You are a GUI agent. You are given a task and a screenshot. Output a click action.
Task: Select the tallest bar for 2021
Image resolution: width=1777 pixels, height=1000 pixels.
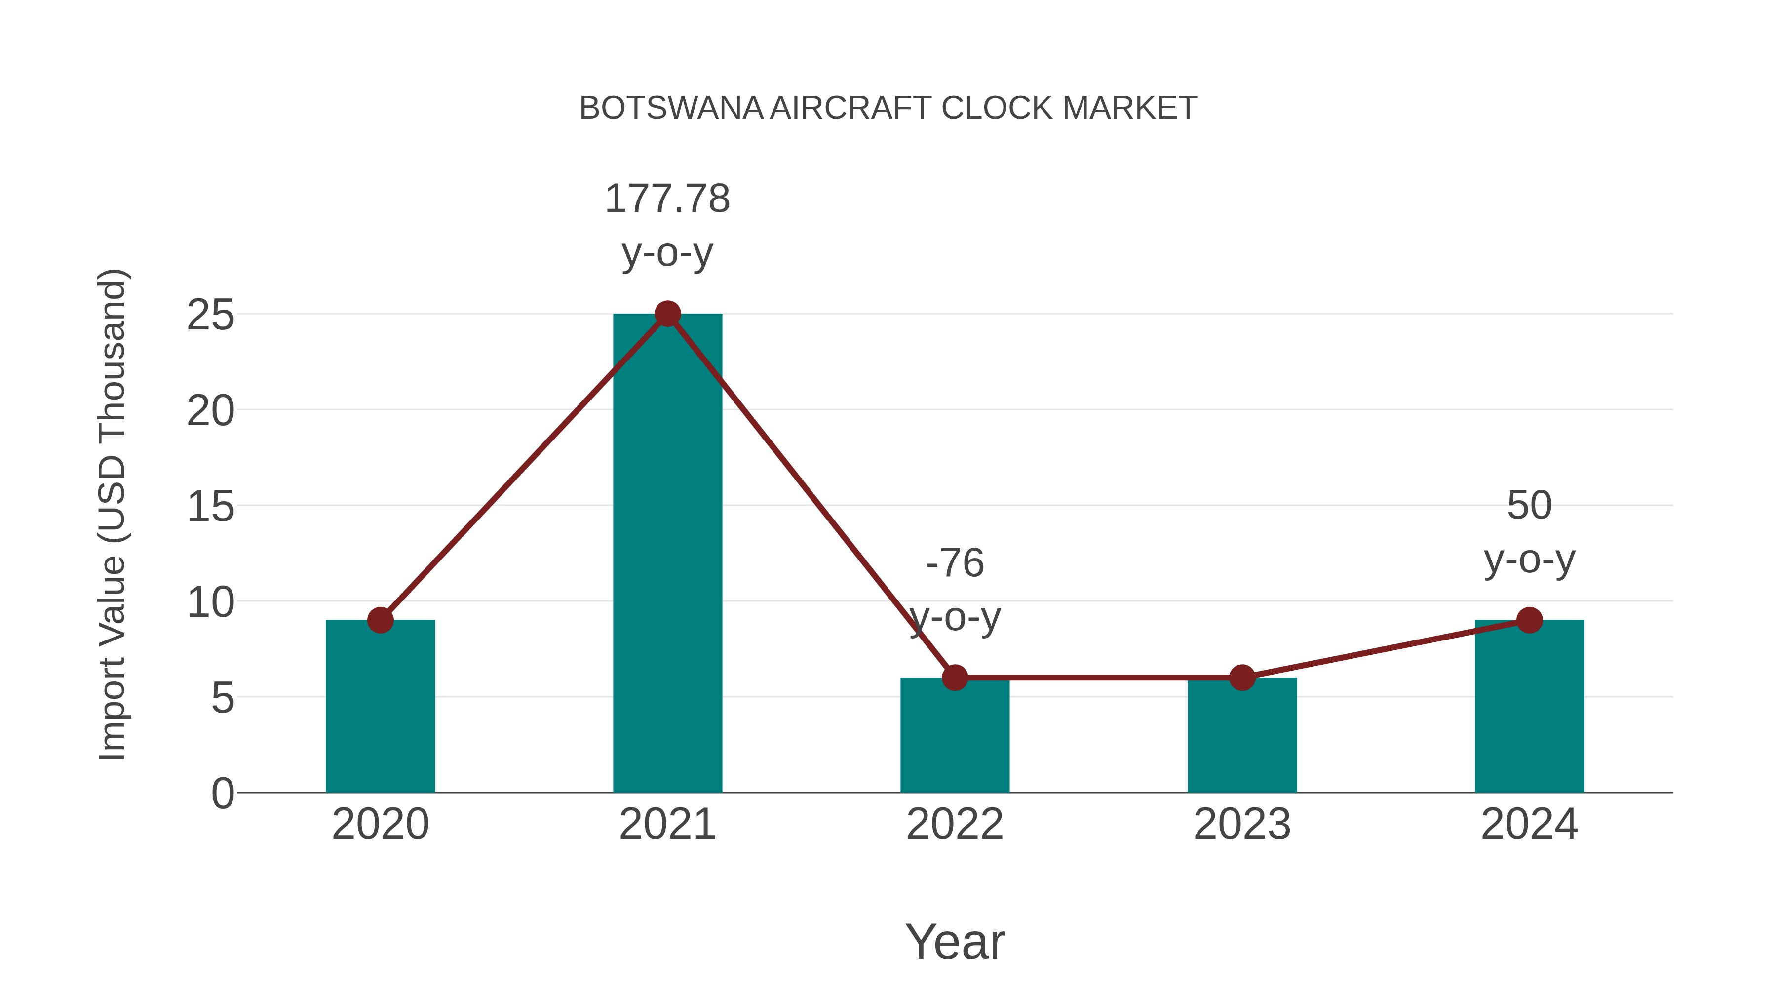point(667,553)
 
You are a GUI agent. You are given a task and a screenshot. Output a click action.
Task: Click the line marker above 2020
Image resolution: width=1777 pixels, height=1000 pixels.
point(380,620)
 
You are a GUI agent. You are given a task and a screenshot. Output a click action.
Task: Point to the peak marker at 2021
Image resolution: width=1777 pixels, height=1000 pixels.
point(667,314)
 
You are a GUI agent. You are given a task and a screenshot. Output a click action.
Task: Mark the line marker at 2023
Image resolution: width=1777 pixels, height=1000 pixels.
point(1242,678)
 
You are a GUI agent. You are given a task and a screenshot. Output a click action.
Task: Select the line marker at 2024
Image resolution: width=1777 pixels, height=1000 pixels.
point(1529,620)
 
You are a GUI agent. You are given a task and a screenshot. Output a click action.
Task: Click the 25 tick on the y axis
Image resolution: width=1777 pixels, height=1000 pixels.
point(210,316)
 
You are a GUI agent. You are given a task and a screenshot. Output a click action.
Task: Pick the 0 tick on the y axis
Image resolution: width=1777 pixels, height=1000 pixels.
point(222,793)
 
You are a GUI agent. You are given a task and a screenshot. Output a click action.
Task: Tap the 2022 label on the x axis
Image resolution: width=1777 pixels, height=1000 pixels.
point(955,824)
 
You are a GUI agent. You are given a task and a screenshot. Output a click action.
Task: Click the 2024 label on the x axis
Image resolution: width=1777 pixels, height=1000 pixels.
point(1529,824)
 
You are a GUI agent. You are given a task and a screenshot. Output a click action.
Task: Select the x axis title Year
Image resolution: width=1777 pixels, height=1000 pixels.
point(955,941)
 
